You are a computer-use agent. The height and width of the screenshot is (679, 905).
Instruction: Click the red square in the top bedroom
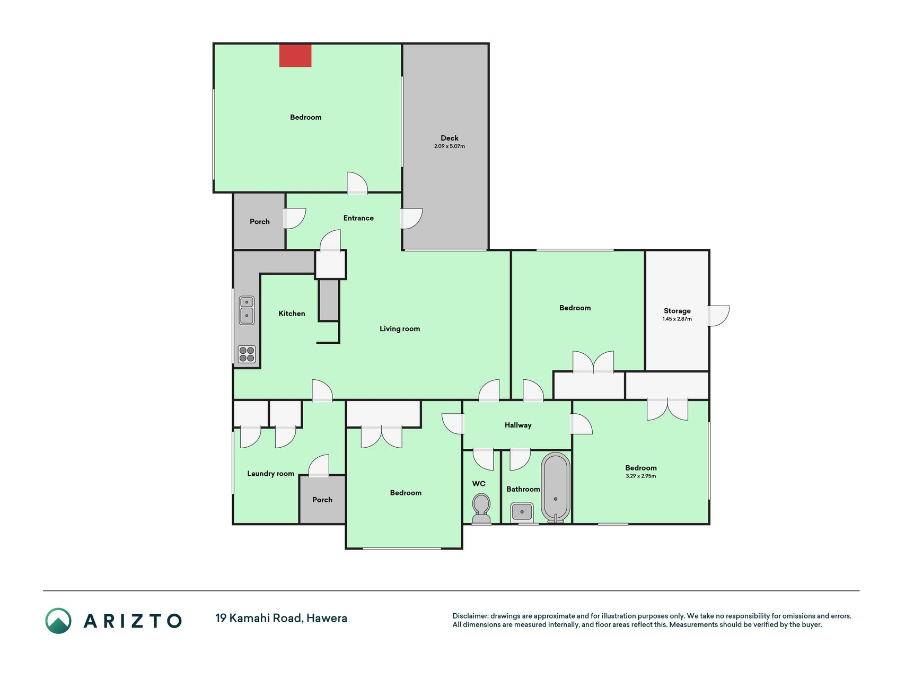[x=295, y=56]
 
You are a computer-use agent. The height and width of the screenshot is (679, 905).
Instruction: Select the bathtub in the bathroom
[x=556, y=488]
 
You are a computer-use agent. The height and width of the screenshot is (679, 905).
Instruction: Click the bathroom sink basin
[x=522, y=512]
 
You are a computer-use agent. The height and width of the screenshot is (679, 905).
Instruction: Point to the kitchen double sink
[x=247, y=310]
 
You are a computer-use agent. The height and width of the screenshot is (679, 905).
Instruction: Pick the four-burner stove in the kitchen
[x=247, y=354]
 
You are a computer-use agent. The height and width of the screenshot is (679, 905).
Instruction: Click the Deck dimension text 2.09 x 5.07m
[x=450, y=146]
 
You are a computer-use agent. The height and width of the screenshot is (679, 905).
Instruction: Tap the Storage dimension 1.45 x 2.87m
[x=677, y=319]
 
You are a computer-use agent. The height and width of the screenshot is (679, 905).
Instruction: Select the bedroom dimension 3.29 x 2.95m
[x=641, y=476]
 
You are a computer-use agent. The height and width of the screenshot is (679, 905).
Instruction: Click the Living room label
[x=400, y=329]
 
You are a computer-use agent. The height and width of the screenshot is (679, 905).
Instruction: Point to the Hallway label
[x=518, y=425]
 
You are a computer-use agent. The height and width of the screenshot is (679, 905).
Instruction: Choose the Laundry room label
[x=270, y=474]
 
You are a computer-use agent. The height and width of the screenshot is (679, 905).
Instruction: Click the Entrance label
[x=358, y=218]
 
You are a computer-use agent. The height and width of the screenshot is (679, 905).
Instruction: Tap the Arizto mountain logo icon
[x=58, y=621]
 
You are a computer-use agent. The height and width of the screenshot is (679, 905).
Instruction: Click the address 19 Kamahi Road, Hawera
[x=281, y=618]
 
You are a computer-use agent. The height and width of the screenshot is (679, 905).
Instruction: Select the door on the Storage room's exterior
[x=719, y=316]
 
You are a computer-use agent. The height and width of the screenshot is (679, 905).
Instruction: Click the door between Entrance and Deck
[x=411, y=219]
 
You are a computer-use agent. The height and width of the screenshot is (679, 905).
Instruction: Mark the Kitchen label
[x=292, y=314]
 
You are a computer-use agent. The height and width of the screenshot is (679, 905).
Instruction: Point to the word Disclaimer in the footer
[x=470, y=616]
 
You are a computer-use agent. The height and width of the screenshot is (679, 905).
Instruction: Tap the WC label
[x=479, y=484]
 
